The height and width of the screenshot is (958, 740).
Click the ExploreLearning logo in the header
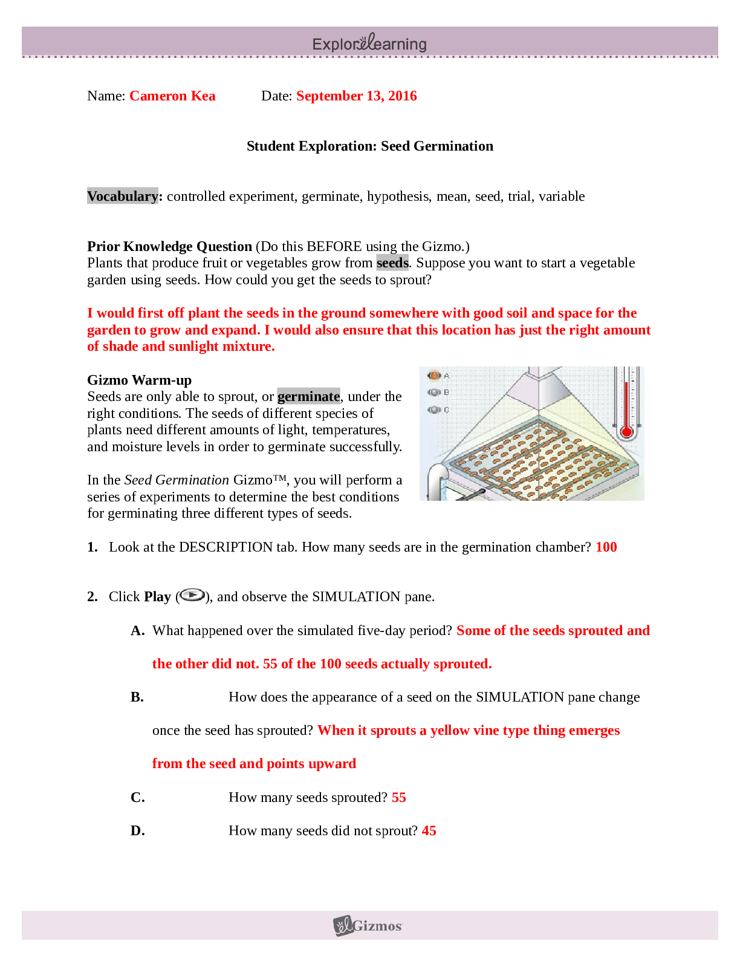tap(369, 43)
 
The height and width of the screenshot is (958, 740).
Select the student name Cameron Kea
tap(172, 96)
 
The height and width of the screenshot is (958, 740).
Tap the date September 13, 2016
tap(357, 96)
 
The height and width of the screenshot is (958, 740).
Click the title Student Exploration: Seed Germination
tap(370, 146)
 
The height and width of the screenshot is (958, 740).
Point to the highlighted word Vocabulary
tap(123, 196)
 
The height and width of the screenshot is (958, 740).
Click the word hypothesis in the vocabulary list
tap(398, 196)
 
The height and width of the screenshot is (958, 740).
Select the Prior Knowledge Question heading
tap(170, 246)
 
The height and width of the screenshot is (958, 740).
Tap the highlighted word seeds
tap(392, 262)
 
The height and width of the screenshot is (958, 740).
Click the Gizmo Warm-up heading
tap(139, 380)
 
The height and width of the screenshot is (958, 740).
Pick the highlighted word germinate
tap(308, 396)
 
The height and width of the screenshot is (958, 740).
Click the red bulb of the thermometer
tap(626, 432)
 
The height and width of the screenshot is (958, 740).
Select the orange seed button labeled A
tap(434, 376)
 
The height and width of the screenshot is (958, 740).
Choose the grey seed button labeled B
tap(434, 393)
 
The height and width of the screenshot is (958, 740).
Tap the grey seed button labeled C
tap(434, 410)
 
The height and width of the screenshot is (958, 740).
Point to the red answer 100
tap(606, 547)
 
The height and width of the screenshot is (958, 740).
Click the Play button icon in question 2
tap(193, 596)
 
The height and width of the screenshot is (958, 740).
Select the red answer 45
tap(429, 830)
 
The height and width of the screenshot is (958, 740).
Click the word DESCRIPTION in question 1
tap(226, 547)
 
